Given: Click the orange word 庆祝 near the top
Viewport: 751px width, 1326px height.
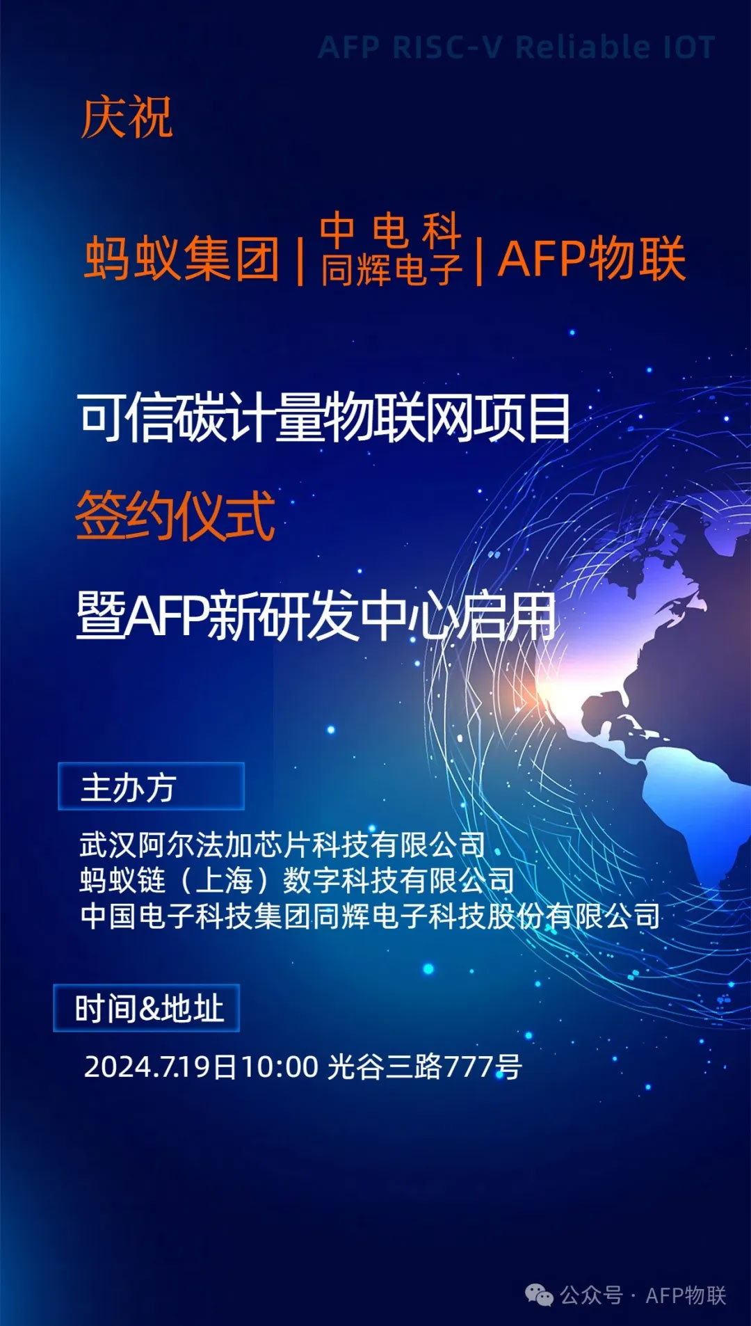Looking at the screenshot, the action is [127, 118].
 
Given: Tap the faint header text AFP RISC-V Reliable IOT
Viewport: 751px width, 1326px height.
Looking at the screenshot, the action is [517, 47].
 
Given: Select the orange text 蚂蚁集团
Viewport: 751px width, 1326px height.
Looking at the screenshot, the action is [182, 258].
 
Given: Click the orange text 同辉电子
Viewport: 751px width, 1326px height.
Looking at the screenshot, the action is [391, 269].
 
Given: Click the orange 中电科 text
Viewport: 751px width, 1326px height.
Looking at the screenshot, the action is [391, 230].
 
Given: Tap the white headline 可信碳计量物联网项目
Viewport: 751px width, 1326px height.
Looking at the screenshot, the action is [324, 417].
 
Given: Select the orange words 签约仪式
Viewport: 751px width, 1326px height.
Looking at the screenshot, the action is [175, 516].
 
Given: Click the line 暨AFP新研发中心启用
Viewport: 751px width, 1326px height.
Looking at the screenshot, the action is [316, 616].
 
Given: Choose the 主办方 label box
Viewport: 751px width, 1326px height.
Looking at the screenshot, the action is [151, 786].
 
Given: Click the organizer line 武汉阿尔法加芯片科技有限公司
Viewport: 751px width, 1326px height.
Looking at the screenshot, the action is [282, 845].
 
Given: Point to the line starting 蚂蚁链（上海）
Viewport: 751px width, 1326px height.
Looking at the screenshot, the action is [297, 880].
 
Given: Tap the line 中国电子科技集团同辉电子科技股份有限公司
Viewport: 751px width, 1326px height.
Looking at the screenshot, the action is [370, 916].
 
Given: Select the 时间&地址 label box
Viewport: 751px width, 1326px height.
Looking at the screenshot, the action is [147, 1008].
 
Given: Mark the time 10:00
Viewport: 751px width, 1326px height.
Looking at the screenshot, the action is [280, 1066].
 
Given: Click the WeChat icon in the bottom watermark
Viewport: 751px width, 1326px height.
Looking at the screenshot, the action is [540, 1295].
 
